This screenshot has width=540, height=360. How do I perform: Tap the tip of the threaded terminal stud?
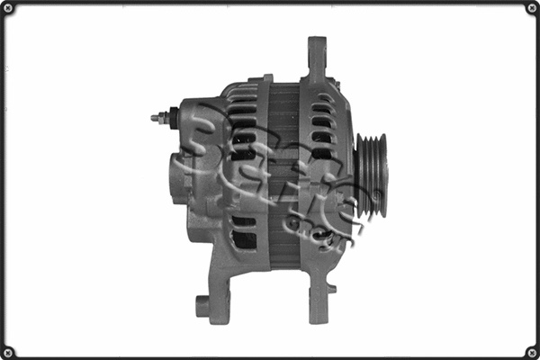pyautogui.click(x=152, y=117)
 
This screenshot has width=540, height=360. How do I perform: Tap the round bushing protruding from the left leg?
pyautogui.click(x=202, y=305)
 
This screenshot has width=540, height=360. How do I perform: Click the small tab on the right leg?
pyautogui.click(x=332, y=289)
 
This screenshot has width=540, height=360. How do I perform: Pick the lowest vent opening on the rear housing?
pyautogui.click(x=243, y=239)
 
